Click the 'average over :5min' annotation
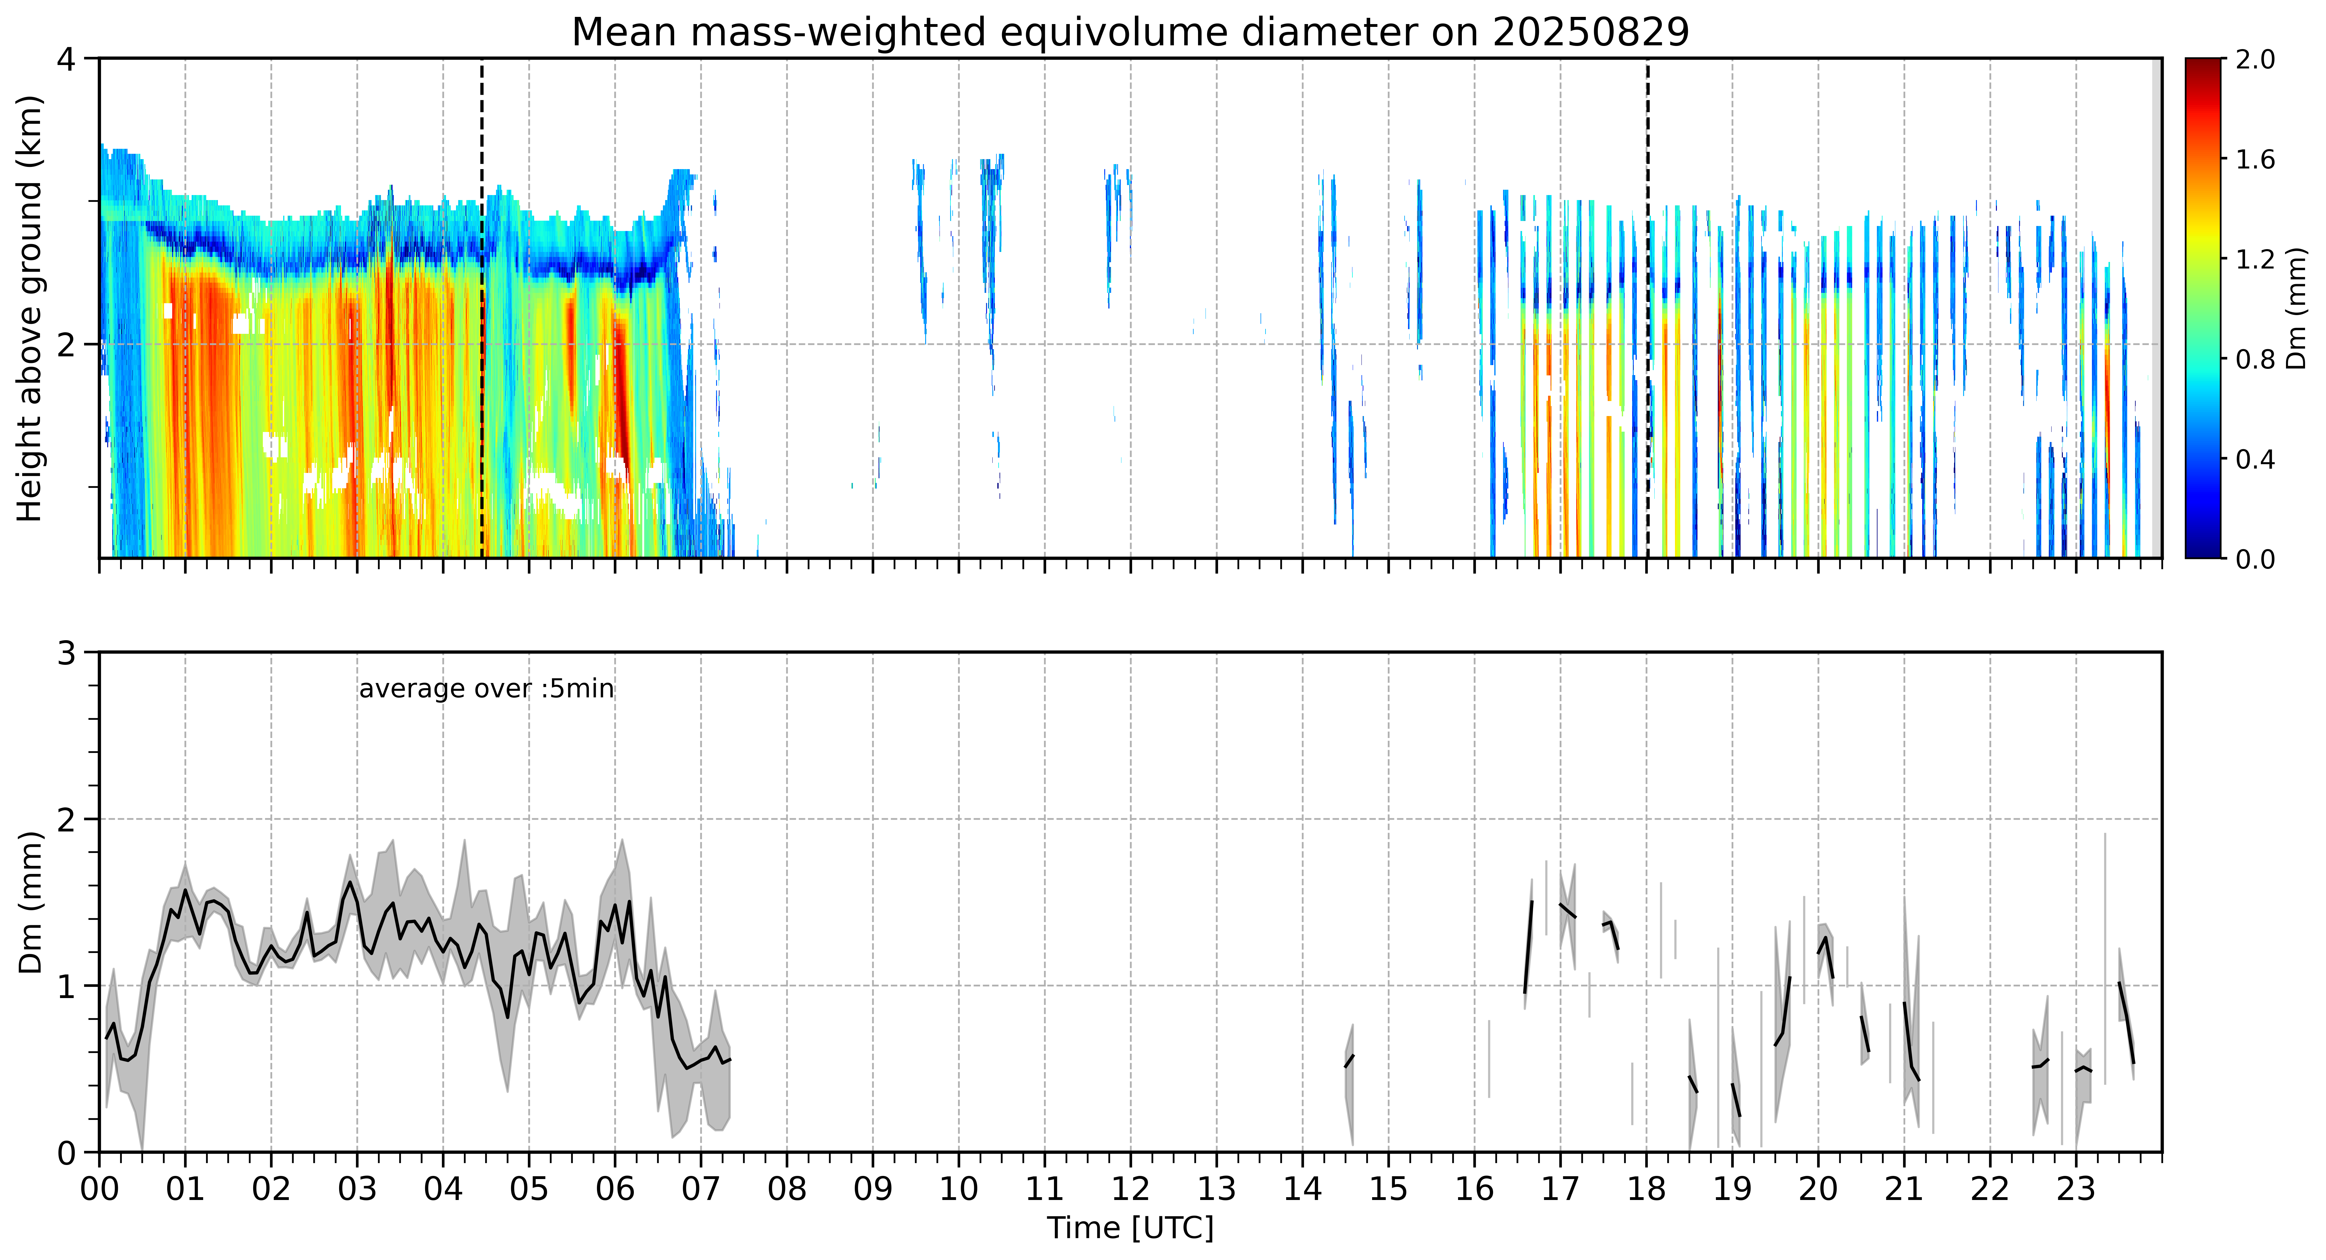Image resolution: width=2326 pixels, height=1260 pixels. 486,689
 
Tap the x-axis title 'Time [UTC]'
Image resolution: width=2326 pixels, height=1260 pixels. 1130,1228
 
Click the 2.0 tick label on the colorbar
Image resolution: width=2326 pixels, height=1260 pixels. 2255,60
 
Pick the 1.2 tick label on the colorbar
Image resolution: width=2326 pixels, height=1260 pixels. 2255,259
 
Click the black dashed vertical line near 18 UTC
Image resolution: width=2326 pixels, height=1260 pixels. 1648,308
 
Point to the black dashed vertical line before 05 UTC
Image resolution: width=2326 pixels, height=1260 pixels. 482,308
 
